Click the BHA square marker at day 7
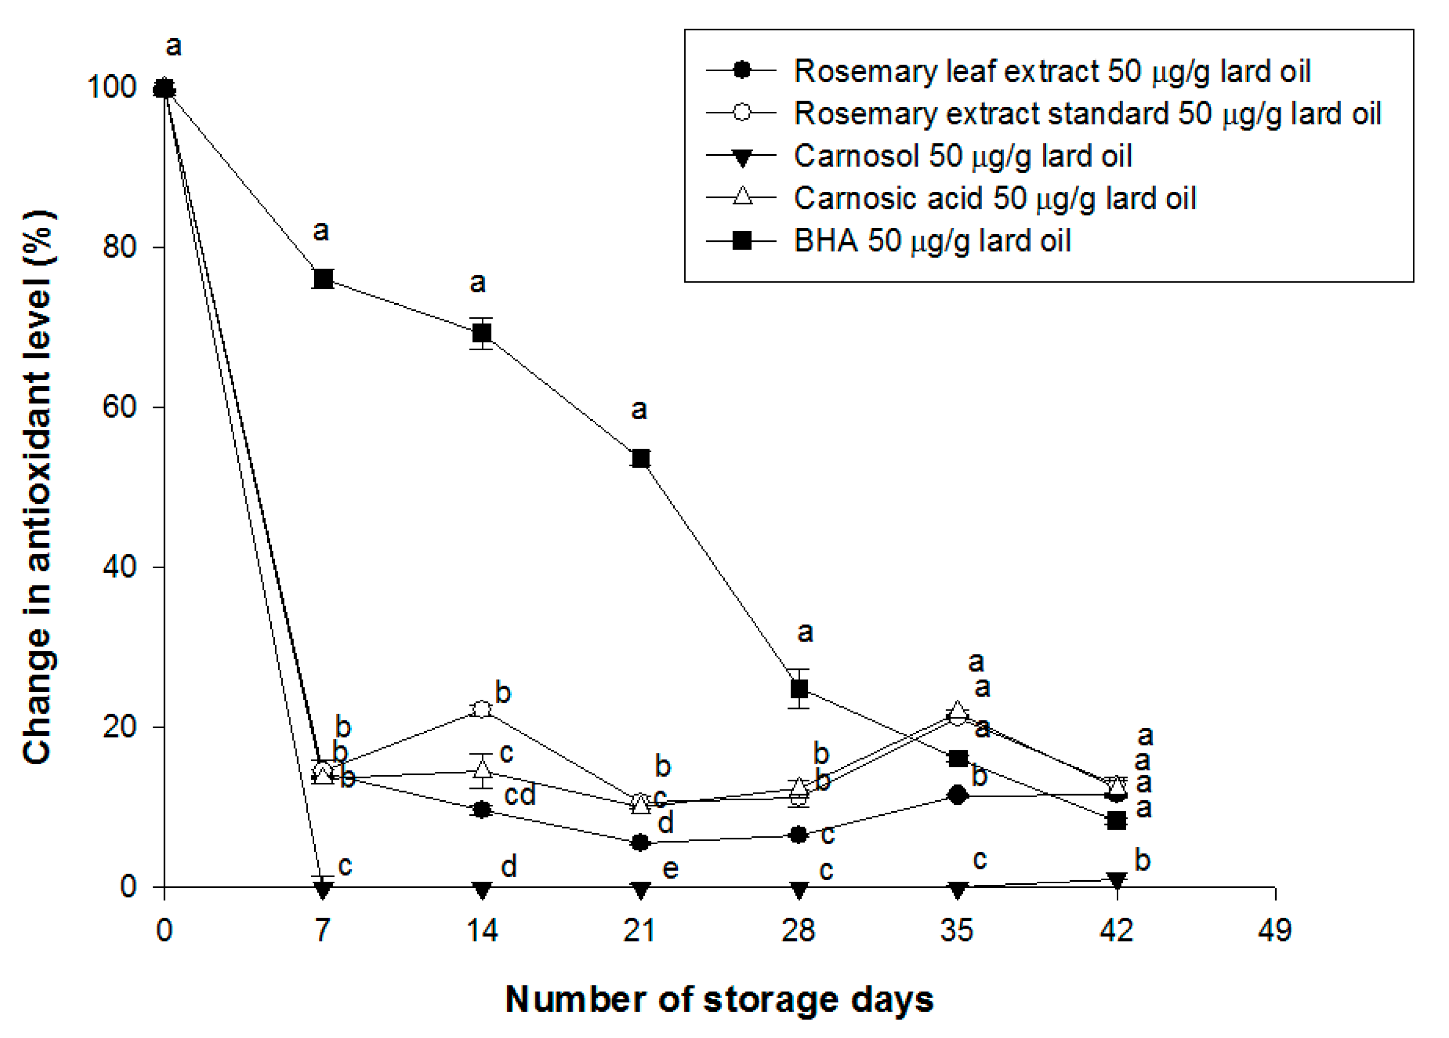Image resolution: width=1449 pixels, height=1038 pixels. [x=323, y=279]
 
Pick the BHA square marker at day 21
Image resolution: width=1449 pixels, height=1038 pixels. [x=641, y=458]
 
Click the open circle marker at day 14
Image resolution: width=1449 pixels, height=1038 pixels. [x=482, y=710]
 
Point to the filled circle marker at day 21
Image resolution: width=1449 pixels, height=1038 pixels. [x=641, y=843]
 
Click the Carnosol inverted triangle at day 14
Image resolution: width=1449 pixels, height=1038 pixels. [x=482, y=890]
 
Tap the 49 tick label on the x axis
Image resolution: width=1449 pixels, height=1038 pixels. [x=1275, y=931]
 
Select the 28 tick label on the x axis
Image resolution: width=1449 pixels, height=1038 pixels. [x=799, y=931]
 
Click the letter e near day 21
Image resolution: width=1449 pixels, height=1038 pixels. [x=670, y=869]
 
